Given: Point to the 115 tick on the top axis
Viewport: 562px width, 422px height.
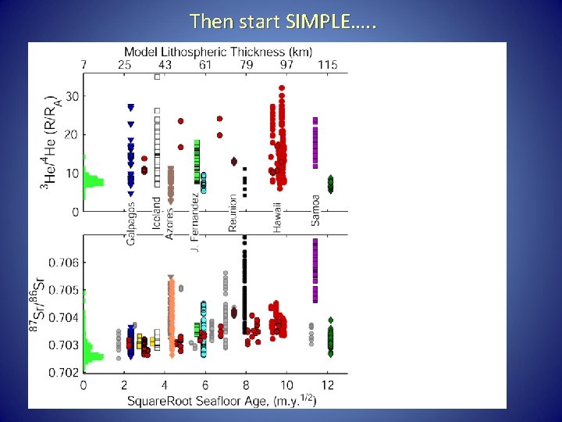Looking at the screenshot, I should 328,64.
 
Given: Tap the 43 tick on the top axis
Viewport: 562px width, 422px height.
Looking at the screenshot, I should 165,64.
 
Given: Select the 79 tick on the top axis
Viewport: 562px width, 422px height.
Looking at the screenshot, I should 246,64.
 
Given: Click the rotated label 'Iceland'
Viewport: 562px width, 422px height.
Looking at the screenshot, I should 157,211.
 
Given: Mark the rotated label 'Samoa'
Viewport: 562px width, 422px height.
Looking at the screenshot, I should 315,209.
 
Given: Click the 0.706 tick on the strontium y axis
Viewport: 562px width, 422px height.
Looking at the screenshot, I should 65,263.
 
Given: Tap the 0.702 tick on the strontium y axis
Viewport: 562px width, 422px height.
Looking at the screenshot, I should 65,372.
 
